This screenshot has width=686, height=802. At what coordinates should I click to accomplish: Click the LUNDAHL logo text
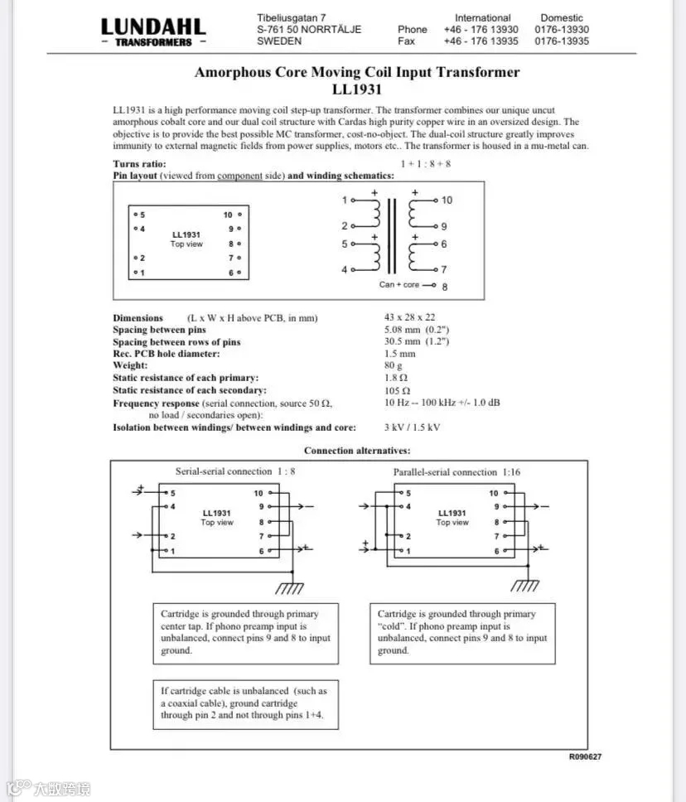(153, 27)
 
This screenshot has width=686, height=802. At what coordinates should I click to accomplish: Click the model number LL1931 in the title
(356, 89)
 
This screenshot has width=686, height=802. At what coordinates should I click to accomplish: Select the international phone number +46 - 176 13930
(481, 29)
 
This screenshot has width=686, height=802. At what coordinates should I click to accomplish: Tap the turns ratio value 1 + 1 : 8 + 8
(425, 164)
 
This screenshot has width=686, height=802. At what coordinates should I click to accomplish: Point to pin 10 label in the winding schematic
(447, 200)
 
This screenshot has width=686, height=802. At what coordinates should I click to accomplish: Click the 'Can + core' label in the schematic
(399, 285)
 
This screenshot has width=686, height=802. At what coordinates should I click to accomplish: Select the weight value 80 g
(393, 365)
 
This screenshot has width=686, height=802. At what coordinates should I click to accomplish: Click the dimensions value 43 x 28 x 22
(409, 317)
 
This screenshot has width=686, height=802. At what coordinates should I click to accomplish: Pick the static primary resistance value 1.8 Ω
(396, 378)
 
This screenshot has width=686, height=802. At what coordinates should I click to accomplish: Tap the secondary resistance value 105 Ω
(398, 390)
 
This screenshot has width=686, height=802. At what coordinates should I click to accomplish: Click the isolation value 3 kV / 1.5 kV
(412, 428)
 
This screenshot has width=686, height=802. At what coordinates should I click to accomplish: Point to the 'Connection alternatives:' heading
(356, 451)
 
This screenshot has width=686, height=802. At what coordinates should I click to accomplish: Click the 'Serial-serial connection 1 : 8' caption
(235, 471)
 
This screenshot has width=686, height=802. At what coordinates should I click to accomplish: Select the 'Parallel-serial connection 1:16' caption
(457, 472)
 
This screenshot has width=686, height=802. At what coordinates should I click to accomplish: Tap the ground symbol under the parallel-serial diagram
(524, 585)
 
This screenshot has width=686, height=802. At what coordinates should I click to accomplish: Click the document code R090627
(585, 757)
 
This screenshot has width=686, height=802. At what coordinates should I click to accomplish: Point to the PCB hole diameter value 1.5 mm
(399, 354)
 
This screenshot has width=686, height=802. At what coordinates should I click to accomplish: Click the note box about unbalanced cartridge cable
(245, 704)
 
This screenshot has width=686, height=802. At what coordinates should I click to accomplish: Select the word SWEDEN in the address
(279, 41)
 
